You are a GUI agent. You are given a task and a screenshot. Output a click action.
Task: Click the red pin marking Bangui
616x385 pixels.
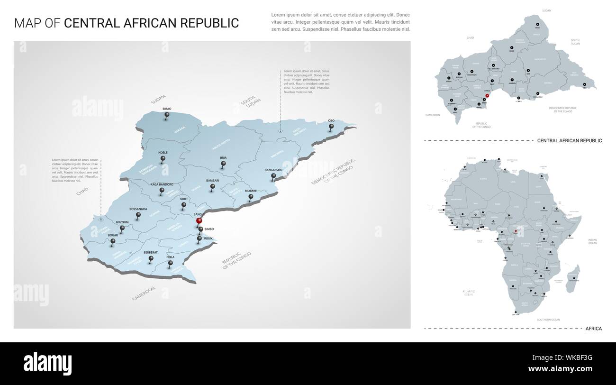[x=199, y=220]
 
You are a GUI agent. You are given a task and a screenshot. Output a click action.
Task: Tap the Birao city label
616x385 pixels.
[x=167, y=109]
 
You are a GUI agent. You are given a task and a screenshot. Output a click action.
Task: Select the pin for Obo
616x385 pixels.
[x=331, y=127]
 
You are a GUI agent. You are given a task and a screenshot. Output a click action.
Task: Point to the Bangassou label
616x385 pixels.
[x=273, y=170]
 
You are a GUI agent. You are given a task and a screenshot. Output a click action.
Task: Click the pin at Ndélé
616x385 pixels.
[x=163, y=158]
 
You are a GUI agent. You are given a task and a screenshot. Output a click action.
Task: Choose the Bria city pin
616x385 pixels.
[x=224, y=164]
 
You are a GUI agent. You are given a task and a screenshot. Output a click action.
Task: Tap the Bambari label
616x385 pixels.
[x=212, y=181]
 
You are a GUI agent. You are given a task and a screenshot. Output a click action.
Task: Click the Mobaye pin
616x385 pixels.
[x=251, y=196]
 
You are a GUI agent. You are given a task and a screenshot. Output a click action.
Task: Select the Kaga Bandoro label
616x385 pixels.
[x=162, y=184]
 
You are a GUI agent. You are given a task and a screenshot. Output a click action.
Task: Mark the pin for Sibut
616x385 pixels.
[x=184, y=205]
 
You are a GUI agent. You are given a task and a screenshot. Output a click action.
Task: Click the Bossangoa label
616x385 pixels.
[x=138, y=209]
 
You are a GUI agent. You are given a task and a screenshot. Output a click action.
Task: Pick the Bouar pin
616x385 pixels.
[x=113, y=241]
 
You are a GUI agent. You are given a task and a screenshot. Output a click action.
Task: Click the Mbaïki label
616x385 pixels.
[x=208, y=238]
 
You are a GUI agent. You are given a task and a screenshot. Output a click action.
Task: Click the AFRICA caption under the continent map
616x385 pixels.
[x=594, y=329]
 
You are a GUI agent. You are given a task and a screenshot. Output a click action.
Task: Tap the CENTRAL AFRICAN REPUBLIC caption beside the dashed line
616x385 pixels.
[x=569, y=141]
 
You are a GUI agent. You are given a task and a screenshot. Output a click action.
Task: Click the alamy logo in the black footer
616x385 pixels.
[x=48, y=364]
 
